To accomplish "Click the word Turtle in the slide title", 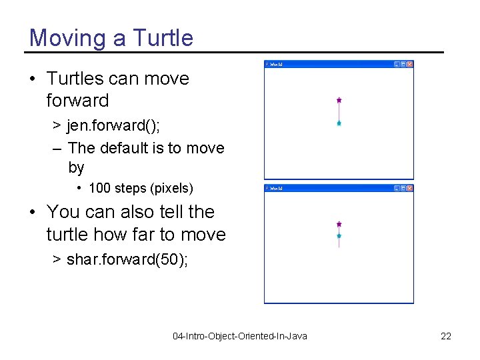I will pos(163,38).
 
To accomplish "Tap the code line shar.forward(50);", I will pos(127,259).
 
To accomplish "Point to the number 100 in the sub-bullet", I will pos(99,188).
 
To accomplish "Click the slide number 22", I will pos(446,336).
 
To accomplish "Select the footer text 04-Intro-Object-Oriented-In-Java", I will pos(240,336).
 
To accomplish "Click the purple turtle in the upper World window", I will pos(339,100).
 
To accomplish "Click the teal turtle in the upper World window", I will pos(339,123).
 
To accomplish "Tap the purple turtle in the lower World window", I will pos(339,225).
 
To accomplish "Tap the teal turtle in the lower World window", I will pos(339,236).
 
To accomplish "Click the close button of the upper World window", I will pos(410,65).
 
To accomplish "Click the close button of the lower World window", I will pos(410,189).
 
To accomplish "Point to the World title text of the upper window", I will pos(276,65).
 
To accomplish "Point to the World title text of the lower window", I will pos(276,189).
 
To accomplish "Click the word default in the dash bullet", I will pos(125,148).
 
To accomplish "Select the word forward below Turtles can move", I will pos(77,101).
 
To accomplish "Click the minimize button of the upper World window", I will pos(397,65).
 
